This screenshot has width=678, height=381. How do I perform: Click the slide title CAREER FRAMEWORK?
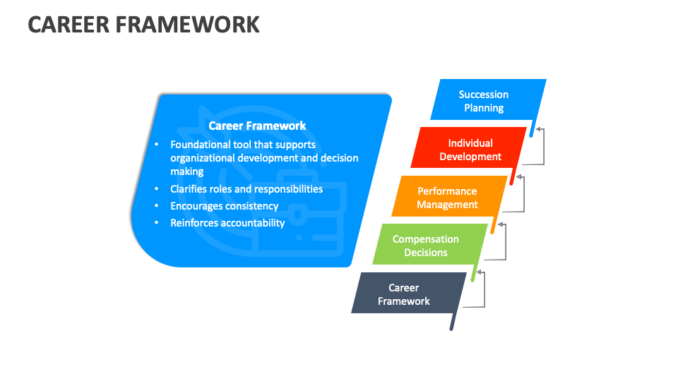(x=144, y=24)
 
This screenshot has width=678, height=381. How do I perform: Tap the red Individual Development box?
(x=469, y=150)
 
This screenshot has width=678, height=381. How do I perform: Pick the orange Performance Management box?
(x=448, y=198)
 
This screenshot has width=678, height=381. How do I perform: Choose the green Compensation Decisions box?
(x=426, y=246)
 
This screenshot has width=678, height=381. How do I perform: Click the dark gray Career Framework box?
(x=404, y=294)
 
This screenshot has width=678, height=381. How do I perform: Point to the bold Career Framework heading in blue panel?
(x=257, y=126)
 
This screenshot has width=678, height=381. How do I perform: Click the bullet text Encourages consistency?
(x=224, y=206)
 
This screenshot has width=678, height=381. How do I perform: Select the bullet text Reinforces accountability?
(x=227, y=223)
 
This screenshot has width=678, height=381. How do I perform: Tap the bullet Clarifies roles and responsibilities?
(x=246, y=189)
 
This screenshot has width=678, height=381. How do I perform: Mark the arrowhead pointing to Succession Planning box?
(x=539, y=130)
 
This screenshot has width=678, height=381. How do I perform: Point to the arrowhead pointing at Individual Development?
(x=520, y=177)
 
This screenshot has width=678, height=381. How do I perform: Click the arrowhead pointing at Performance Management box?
(x=501, y=225)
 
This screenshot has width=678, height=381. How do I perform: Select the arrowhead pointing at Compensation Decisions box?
(x=480, y=272)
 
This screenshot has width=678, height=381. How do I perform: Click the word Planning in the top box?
(x=484, y=108)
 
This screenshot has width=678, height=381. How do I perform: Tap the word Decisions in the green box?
(x=426, y=253)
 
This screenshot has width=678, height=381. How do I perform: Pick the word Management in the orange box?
(x=448, y=205)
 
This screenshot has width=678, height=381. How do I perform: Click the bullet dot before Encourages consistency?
(x=157, y=206)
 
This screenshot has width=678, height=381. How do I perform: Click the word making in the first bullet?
(x=187, y=171)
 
